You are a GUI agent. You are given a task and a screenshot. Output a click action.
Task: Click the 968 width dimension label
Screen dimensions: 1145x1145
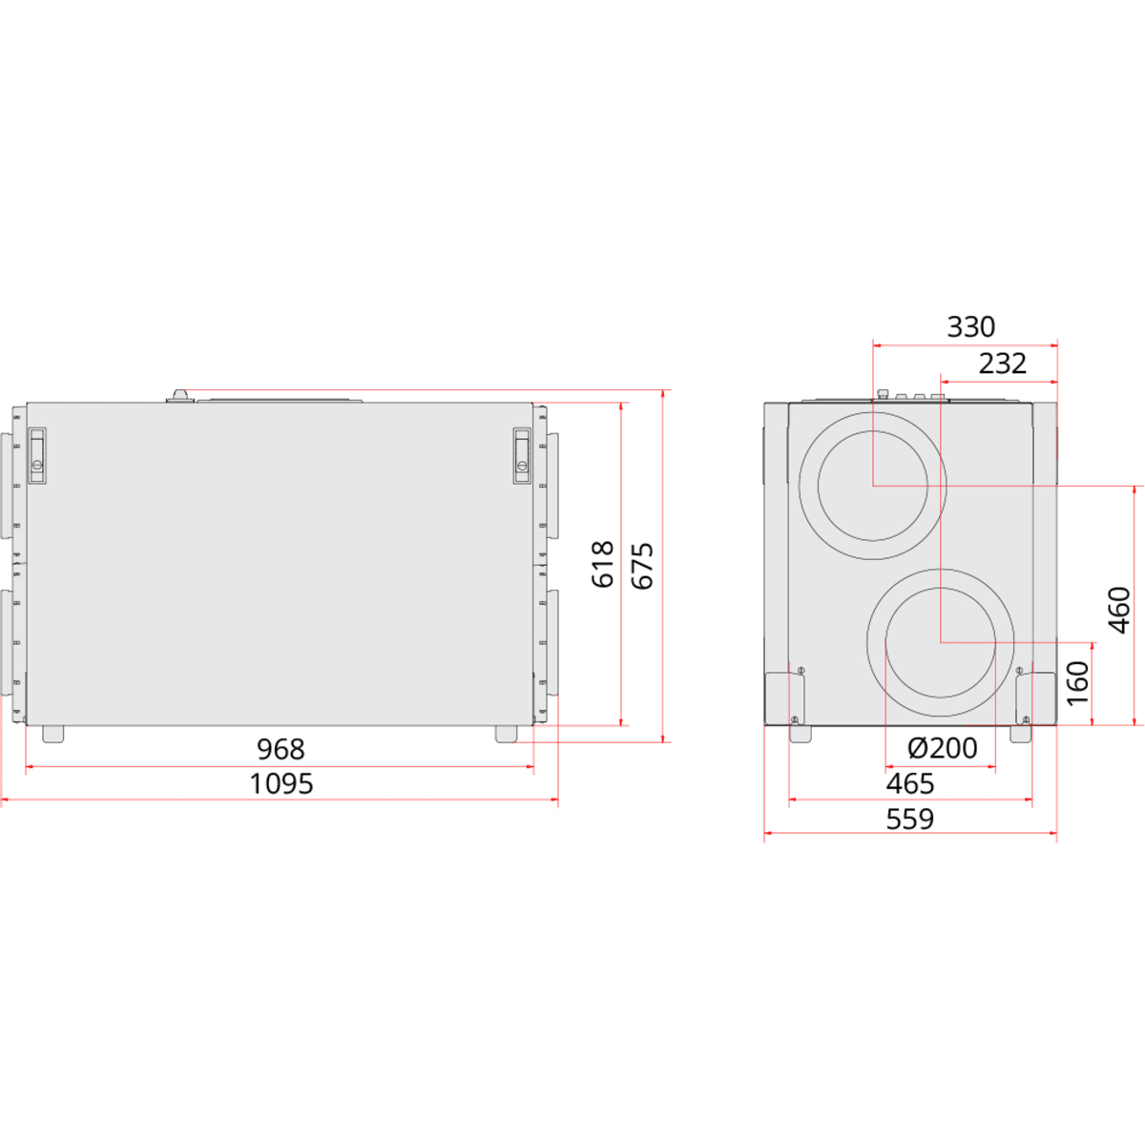[x=281, y=749]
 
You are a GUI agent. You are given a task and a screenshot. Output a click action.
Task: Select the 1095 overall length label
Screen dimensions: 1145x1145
[x=281, y=783]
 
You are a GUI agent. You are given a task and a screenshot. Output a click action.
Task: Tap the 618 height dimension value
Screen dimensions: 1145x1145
[x=602, y=565]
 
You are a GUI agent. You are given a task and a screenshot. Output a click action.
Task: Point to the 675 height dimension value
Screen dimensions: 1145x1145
[x=642, y=566]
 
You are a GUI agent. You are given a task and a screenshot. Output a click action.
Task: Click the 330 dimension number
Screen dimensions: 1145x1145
[x=971, y=327]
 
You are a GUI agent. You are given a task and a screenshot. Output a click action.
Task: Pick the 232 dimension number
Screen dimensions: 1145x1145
[x=1003, y=364]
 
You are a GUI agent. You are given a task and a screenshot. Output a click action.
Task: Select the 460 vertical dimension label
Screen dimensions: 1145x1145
[x=1119, y=610]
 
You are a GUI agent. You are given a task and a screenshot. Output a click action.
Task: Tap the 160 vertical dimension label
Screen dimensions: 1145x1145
[x=1078, y=683]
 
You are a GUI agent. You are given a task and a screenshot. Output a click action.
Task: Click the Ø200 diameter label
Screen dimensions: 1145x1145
[x=943, y=748]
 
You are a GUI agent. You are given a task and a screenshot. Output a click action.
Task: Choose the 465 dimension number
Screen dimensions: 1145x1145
[x=910, y=783]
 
